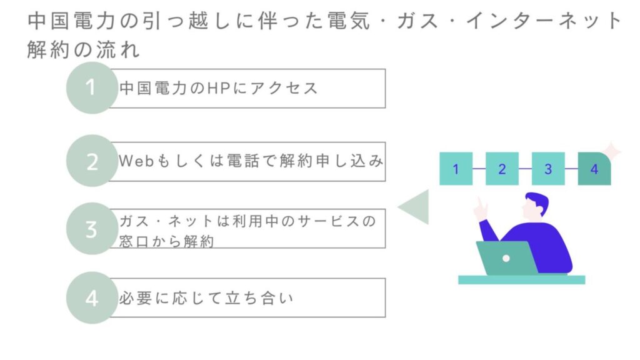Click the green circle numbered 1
pyautogui.click(x=92, y=87)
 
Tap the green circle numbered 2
pyautogui.click(x=92, y=161)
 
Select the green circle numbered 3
pyautogui.click(x=92, y=229)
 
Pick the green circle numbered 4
pyautogui.click(x=92, y=298)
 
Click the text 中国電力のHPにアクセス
pyautogui.click(x=219, y=88)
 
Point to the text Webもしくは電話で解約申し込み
pyautogui.click(x=251, y=161)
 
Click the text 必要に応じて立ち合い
pyautogui.click(x=206, y=299)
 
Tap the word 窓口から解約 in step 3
pyautogui.click(x=167, y=241)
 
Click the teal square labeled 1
pyautogui.click(x=456, y=169)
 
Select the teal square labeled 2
pyautogui.click(x=502, y=169)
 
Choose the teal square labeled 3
pyautogui.click(x=548, y=169)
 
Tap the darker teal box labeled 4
pyautogui.click(x=594, y=169)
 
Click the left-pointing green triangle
pyautogui.click(x=415, y=207)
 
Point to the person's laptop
pyautogui.click(x=506, y=257)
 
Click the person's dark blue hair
pyautogui.click(x=536, y=202)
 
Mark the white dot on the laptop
pyautogui.click(x=506, y=257)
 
